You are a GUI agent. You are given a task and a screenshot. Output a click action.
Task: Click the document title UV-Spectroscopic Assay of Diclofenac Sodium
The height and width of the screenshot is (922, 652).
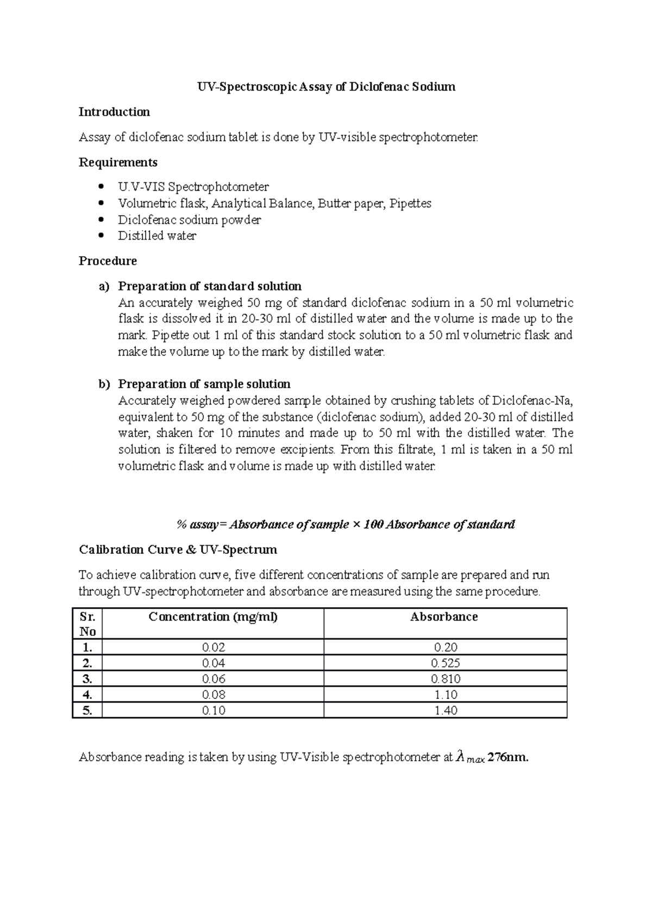[325, 87]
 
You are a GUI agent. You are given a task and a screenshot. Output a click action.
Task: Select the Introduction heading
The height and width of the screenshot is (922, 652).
[114, 112]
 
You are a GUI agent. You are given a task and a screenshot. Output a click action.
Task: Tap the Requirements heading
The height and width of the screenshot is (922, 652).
[118, 162]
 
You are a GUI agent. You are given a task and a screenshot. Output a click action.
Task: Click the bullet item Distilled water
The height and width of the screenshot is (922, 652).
[157, 236]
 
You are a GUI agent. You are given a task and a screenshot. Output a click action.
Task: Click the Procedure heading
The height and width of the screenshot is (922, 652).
[108, 261]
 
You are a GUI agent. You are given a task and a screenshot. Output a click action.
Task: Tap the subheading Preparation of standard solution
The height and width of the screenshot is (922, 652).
[210, 286]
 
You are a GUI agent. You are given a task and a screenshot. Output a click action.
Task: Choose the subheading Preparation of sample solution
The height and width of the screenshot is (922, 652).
[204, 384]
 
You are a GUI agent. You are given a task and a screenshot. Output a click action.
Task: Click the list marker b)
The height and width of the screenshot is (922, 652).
[104, 384]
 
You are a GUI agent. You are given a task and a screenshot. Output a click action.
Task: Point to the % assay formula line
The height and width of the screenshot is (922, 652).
[346, 525]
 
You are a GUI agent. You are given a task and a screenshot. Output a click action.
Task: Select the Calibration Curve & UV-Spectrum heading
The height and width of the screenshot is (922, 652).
[178, 550]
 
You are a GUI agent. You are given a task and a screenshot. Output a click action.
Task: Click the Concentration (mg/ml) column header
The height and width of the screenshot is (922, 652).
[213, 617]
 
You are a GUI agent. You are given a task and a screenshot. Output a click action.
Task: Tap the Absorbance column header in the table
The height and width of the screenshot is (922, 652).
[444, 617]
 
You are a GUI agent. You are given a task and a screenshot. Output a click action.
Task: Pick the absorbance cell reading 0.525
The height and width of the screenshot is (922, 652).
[446, 663]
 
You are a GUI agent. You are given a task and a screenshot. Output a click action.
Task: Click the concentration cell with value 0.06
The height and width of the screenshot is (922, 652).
[214, 679]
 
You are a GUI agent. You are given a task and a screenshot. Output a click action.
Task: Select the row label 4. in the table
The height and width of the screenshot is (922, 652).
[87, 694]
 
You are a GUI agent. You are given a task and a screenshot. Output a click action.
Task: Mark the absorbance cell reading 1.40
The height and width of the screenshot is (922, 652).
[446, 710]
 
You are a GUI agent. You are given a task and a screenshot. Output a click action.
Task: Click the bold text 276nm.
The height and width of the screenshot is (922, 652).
[508, 757]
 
